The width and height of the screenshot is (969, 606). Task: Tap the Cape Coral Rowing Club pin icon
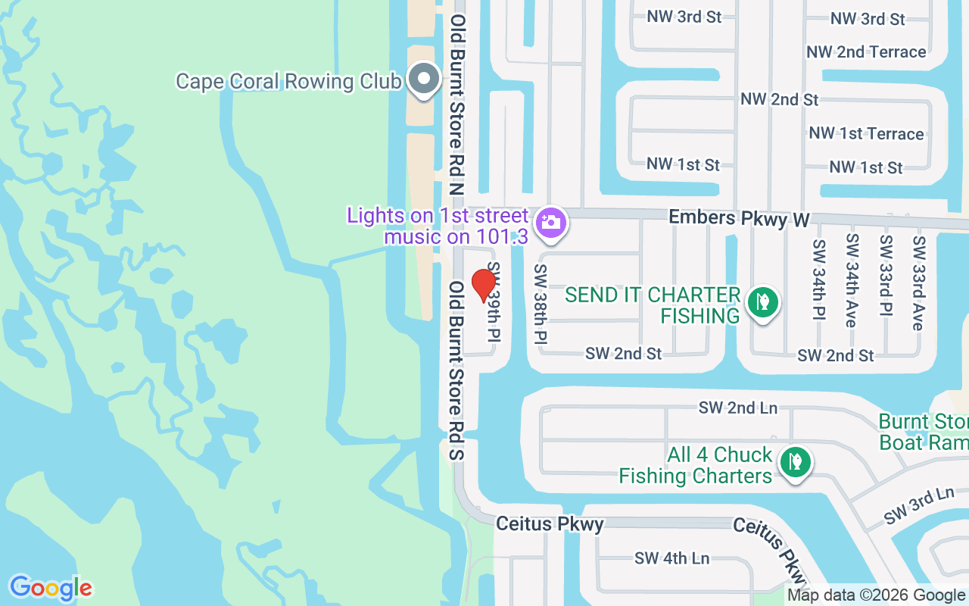424,79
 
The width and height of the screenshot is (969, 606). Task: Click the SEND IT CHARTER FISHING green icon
763,302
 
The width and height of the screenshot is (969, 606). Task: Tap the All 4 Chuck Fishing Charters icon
795,462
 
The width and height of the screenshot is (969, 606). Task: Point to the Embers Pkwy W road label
739,218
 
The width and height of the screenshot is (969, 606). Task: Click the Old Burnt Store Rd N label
456,105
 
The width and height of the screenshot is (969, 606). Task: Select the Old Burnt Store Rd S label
456,370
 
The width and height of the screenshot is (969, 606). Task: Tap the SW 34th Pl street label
818,280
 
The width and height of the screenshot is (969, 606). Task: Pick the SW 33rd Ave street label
919,283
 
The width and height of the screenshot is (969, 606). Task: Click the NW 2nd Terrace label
866,52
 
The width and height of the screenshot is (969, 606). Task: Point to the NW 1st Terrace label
866,134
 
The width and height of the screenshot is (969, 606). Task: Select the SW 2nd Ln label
737,408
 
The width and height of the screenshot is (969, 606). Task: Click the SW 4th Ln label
672,558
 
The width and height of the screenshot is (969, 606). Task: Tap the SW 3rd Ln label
919,505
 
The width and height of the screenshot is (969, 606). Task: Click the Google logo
51,588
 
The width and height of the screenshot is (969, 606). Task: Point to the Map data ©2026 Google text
876,595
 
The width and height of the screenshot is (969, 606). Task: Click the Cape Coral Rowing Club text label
288,81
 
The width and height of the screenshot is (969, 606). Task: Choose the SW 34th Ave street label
852,280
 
